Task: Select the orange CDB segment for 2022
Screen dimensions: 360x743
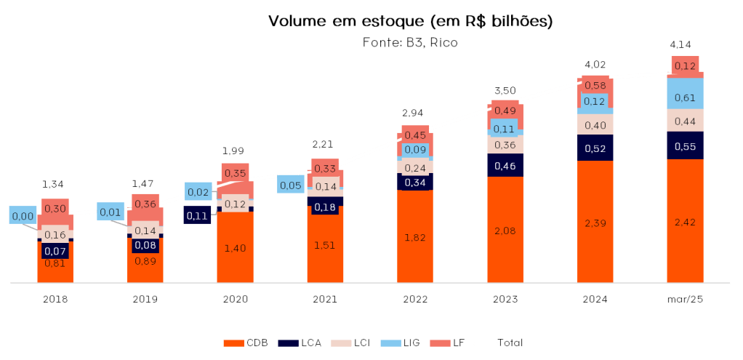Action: click(x=415, y=237)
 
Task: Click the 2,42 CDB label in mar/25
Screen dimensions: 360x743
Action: click(x=685, y=221)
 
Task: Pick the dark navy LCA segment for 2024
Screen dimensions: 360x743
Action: click(x=595, y=148)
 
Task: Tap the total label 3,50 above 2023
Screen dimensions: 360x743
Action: click(x=505, y=90)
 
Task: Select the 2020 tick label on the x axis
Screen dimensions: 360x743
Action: click(x=236, y=299)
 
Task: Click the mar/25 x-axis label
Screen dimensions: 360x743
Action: click(x=685, y=299)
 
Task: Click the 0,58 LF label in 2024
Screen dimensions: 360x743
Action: click(x=595, y=86)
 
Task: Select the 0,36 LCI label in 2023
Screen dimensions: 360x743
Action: click(x=505, y=145)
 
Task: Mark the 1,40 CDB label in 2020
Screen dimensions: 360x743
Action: click(x=236, y=248)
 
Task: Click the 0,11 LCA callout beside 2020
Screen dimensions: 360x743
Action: click(x=197, y=215)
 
